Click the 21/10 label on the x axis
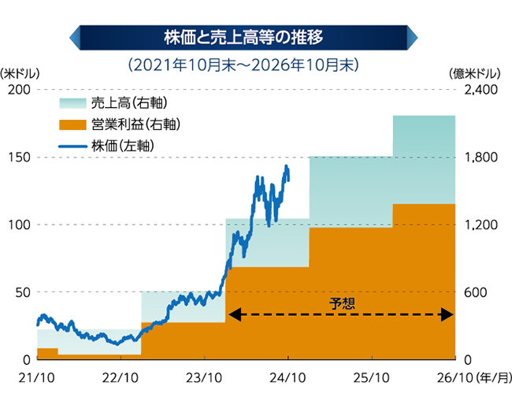(37, 377)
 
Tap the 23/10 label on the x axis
(204, 377)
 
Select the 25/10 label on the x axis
(371, 377)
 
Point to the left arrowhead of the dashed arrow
(232, 315)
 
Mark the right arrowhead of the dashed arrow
(448, 315)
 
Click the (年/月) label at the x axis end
(493, 377)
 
